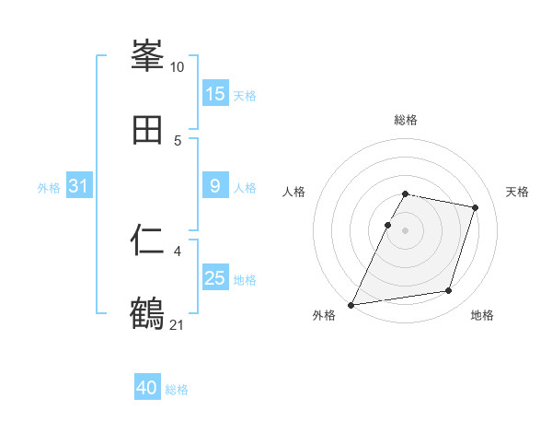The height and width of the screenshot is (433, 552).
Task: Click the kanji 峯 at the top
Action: click(148, 57)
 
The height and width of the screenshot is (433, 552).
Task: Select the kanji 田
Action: click(148, 130)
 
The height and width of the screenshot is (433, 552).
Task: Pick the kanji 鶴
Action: click(148, 312)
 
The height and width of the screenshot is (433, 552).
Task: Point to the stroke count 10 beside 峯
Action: click(178, 67)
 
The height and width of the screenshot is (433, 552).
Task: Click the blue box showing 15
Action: click(215, 94)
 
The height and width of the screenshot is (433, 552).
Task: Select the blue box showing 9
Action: click(215, 186)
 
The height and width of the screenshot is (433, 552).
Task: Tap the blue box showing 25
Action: click(215, 278)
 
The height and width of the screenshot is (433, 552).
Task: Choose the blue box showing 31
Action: click(79, 186)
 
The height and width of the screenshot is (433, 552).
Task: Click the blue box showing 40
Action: click(147, 388)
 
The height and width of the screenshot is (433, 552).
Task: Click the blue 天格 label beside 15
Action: click(245, 95)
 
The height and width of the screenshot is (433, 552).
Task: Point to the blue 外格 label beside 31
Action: click(49, 187)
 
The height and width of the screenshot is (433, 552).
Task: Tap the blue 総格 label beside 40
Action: click(177, 389)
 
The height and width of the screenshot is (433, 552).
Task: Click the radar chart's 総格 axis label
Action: click(406, 120)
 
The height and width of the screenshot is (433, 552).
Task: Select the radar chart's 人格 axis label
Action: click(294, 192)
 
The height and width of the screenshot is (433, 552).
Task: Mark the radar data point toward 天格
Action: click(476, 207)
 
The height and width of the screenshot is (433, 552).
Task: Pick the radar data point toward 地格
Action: click(448, 291)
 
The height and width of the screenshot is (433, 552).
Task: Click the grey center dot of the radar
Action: click(406, 230)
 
